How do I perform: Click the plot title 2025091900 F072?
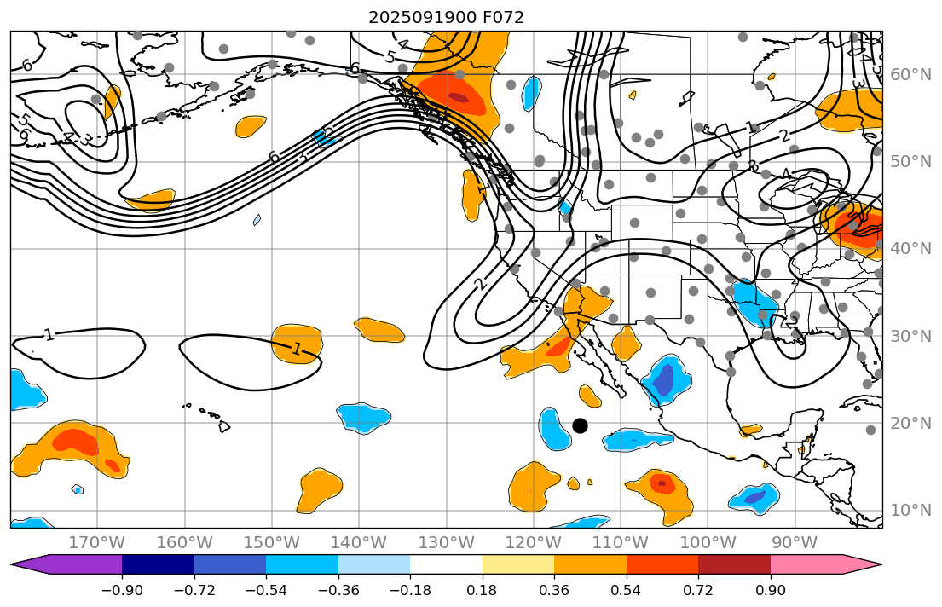click(446, 17)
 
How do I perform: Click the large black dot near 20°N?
click(580, 425)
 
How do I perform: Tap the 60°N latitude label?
click(911, 75)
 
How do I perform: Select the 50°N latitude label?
click(911, 162)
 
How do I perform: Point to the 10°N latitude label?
click(911, 511)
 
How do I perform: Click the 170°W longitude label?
click(97, 543)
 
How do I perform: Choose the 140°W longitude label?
click(359, 543)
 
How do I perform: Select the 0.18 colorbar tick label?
click(482, 591)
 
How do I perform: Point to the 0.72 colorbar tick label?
click(698, 591)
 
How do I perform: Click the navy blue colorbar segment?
click(158, 564)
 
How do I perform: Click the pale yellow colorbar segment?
click(517, 564)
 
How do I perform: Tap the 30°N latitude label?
click(911, 336)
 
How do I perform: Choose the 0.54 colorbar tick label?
click(626, 591)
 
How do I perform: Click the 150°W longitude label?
click(272, 543)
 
